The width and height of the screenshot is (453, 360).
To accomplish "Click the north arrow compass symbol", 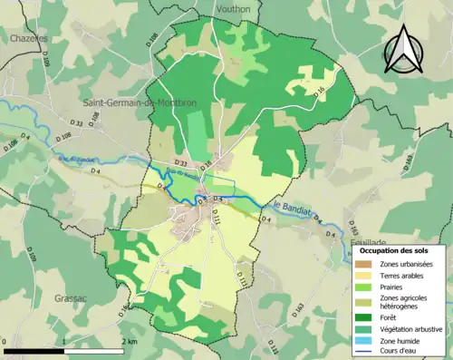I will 405,49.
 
